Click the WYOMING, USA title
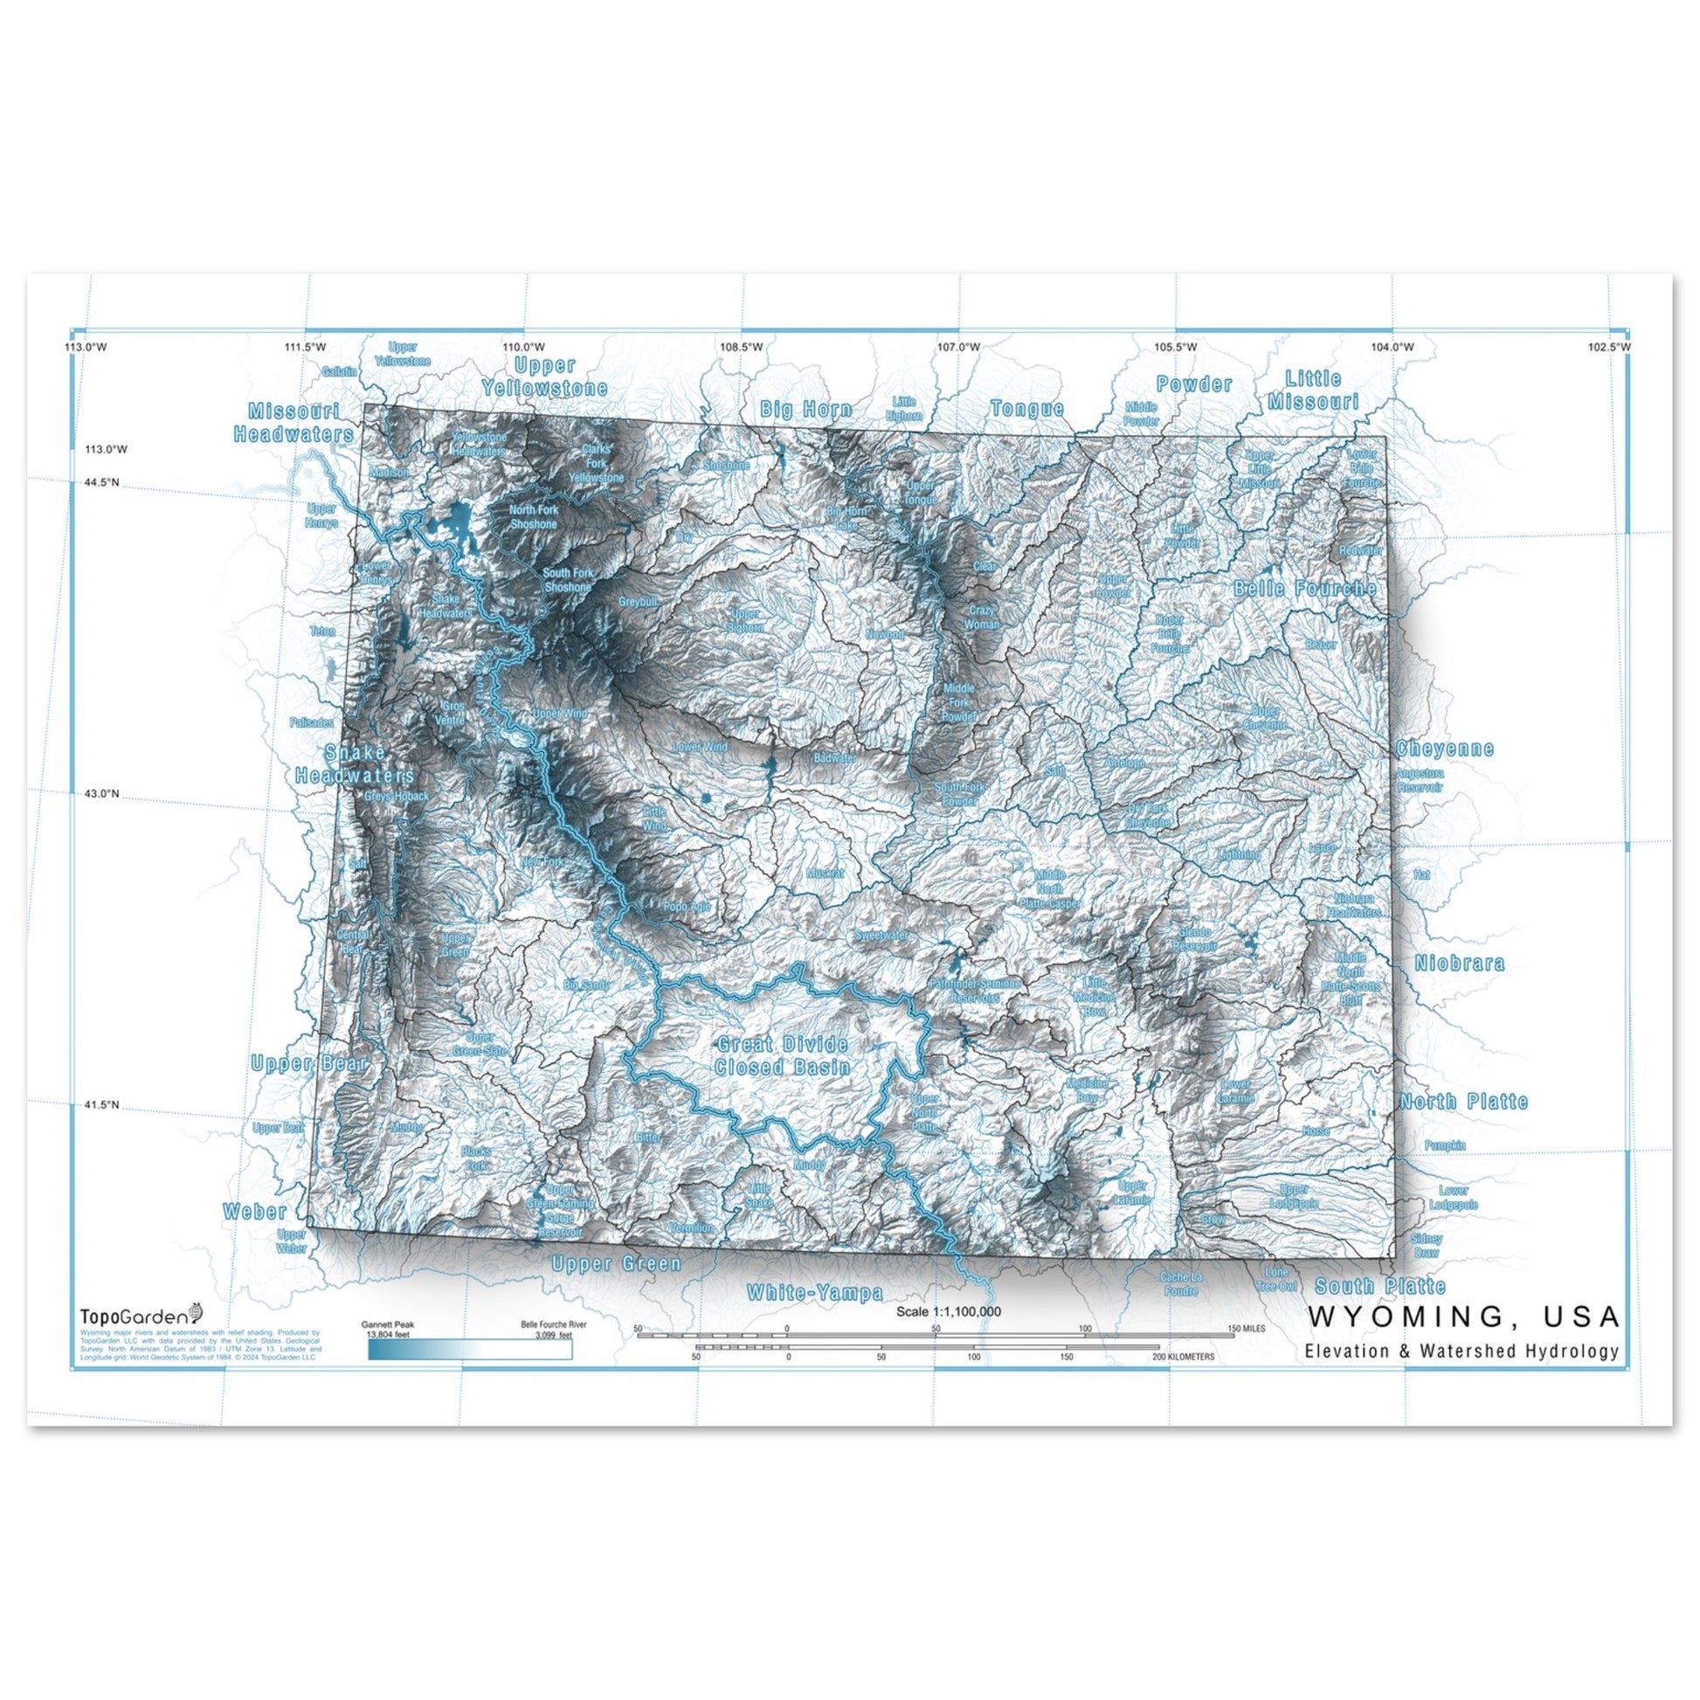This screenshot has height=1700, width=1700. click(x=1464, y=1316)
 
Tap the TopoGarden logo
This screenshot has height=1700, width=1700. click(x=141, y=1316)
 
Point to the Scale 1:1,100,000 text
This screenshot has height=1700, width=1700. click(x=948, y=1311)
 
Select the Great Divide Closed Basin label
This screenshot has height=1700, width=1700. click(x=782, y=1056)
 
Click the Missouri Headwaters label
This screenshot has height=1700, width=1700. click(x=293, y=422)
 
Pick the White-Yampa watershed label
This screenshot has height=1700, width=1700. click(x=814, y=1293)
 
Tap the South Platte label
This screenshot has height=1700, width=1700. click(x=1379, y=1287)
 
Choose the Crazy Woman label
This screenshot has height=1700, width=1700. click(x=984, y=617)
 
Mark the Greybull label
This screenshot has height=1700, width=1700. click(x=638, y=602)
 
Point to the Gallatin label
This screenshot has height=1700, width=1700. click(x=340, y=372)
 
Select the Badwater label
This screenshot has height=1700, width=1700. click(x=834, y=757)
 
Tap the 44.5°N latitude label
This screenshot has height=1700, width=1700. click(x=102, y=482)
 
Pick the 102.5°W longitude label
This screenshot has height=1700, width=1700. click(x=1608, y=347)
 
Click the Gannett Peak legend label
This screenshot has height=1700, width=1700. click(x=387, y=1323)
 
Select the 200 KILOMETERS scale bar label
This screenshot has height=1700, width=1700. click(x=1184, y=1357)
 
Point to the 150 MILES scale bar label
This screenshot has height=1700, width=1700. click(x=1247, y=1328)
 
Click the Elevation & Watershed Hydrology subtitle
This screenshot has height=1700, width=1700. click(x=1462, y=1351)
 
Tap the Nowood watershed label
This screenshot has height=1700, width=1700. click(x=884, y=633)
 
